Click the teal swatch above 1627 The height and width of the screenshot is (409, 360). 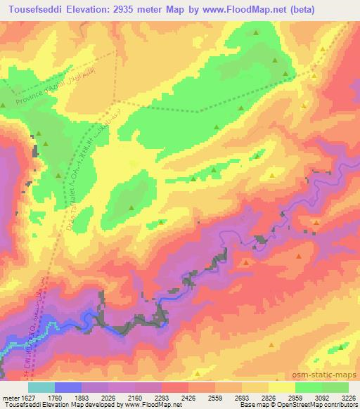pos(41,387)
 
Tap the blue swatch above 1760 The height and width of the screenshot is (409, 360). pos(68,387)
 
